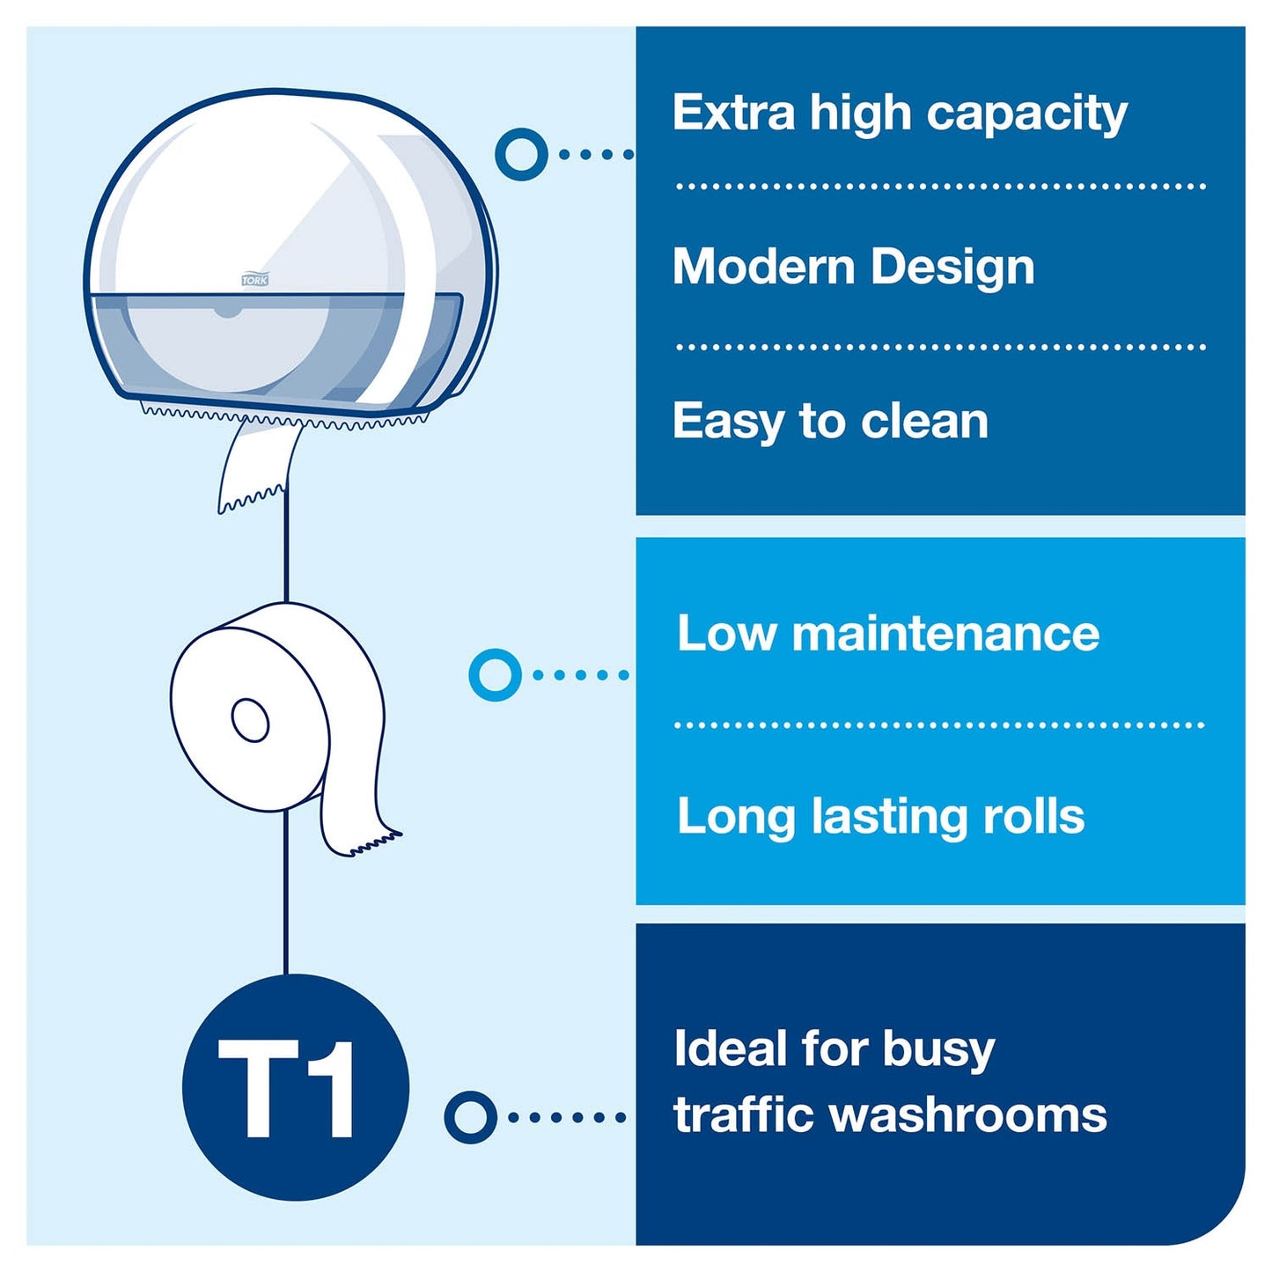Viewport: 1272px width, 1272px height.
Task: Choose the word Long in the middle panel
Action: [x=735, y=819]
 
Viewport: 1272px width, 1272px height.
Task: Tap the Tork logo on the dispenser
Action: [x=254, y=281]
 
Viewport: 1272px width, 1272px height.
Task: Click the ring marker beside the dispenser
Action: [x=521, y=154]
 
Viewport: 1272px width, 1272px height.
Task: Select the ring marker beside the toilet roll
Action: [x=495, y=674]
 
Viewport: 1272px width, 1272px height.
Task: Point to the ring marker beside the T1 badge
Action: [x=471, y=1118]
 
